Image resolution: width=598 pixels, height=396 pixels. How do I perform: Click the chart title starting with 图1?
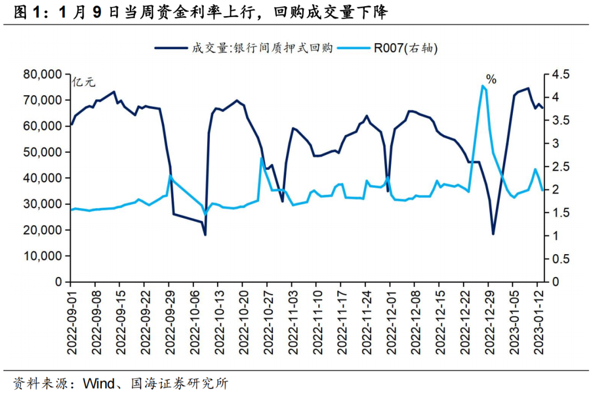[199, 13]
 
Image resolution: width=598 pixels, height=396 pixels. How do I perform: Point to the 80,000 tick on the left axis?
[43, 74]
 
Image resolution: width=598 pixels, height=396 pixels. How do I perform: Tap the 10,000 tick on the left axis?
[43, 256]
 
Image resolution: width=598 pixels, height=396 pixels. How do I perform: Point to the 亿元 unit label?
[83, 83]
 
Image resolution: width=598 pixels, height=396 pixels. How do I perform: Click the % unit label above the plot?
[491, 80]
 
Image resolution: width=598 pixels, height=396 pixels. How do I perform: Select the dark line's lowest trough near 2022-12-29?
[493, 234]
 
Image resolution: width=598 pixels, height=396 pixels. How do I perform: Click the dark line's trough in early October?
[205, 235]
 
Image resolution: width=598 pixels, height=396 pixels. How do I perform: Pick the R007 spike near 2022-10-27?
[261, 158]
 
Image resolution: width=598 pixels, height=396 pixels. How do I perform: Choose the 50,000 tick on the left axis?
[43, 152]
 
